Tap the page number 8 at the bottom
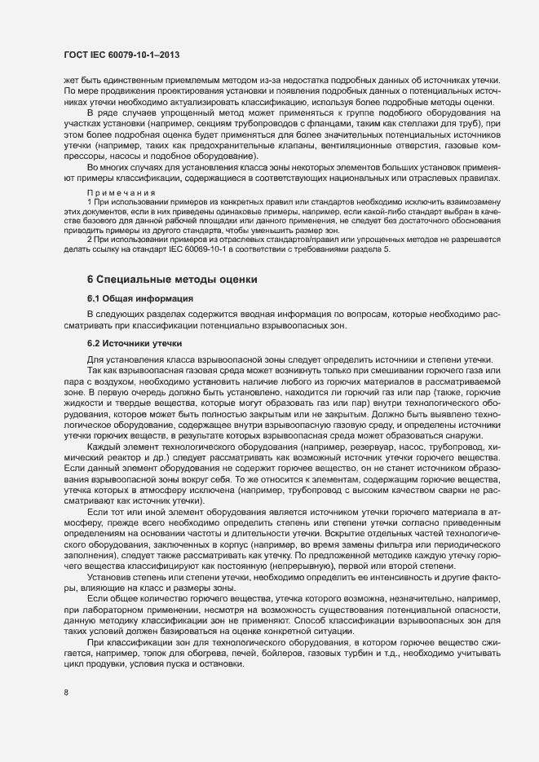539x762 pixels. coord(65,694)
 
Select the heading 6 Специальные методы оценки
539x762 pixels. coord(172,302)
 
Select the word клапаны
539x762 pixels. coord(273,144)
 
